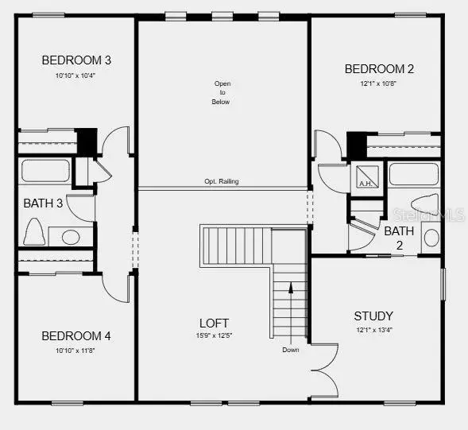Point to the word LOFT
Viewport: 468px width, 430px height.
pyautogui.click(x=215, y=323)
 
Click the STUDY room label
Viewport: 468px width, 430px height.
pyautogui.click(x=373, y=316)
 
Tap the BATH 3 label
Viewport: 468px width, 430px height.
pyautogui.click(x=43, y=203)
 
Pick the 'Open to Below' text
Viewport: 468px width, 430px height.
pyautogui.click(x=222, y=93)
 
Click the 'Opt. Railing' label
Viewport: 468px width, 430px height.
pyautogui.click(x=222, y=182)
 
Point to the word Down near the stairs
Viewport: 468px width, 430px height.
pyautogui.click(x=291, y=350)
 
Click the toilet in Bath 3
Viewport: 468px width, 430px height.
pyautogui.click(x=33, y=231)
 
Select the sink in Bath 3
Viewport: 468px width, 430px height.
pyautogui.click(x=70, y=237)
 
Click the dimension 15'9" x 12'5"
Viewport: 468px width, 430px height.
pyautogui.click(x=215, y=335)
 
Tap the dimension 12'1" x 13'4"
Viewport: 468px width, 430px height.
pyautogui.click(x=373, y=329)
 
